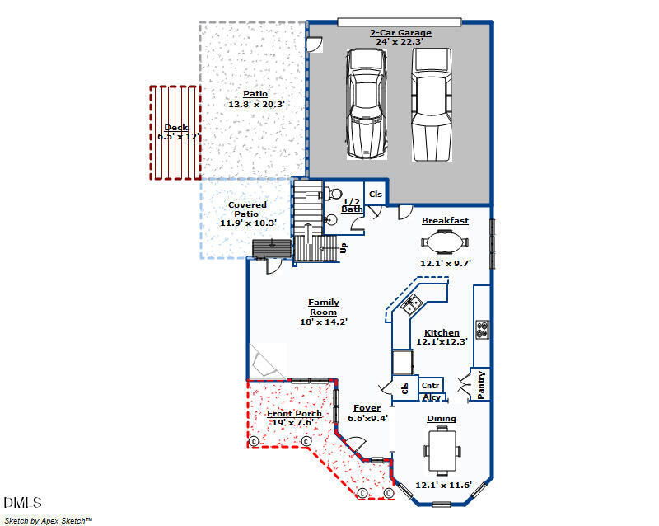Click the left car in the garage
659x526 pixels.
366,103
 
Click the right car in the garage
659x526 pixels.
431,103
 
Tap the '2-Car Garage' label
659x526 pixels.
400,33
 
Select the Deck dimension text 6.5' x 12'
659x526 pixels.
179,137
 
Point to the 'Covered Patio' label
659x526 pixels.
247,209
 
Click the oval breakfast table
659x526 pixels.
445,242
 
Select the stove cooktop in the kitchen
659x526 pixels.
482,329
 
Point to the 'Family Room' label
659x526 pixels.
324,308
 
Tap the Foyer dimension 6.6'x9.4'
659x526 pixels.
367,418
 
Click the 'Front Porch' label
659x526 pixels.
294,414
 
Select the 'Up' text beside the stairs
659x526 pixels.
344,247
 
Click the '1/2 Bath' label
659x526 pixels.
352,205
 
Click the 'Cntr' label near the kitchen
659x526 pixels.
430,385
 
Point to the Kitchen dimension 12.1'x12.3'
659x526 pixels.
442,341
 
